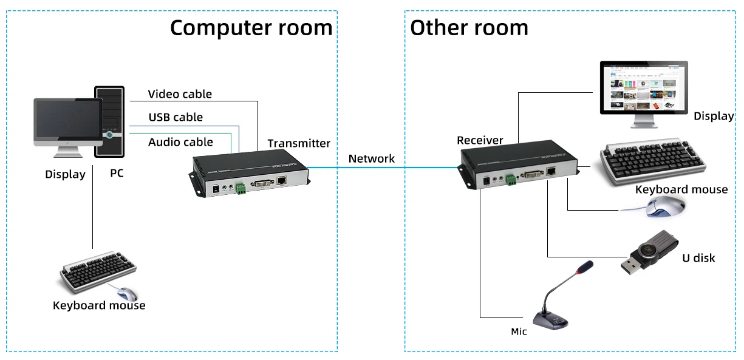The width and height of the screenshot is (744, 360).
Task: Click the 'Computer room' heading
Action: (251, 28)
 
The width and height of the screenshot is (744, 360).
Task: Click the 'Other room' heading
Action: (469, 28)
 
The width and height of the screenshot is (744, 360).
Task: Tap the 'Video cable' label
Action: (180, 94)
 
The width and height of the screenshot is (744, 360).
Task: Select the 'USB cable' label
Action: (176, 117)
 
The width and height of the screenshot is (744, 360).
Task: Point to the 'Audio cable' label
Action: (180, 142)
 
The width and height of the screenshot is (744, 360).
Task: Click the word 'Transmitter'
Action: (299, 143)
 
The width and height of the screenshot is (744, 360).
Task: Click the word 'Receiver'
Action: (480, 140)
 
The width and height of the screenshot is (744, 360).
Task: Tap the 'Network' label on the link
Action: (371, 158)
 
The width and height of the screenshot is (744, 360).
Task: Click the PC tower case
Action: (109, 122)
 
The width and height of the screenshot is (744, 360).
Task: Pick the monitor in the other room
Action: (644, 90)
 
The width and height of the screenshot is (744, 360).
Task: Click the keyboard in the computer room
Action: (97, 275)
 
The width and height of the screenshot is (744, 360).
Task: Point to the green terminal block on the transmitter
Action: (241, 188)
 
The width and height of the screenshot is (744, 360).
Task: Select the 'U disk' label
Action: (698, 258)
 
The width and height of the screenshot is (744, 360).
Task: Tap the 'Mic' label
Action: (519, 331)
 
